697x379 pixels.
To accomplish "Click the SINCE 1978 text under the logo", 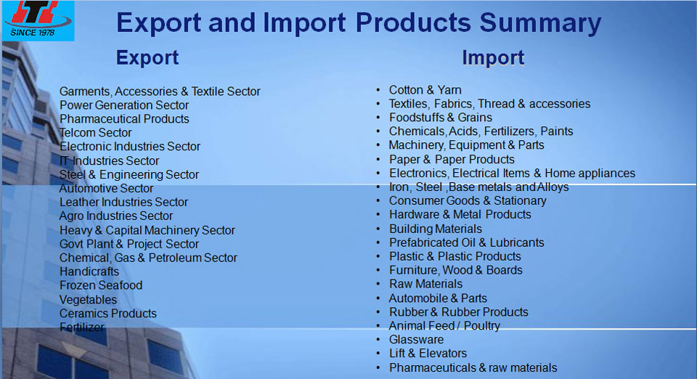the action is point(33,33).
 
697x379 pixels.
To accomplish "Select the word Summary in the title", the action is point(540,23).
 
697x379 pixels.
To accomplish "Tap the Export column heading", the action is point(147,58).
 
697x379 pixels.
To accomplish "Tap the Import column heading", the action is point(493,58).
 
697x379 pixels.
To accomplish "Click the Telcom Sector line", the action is point(96,132).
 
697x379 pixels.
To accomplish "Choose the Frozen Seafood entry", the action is point(101,285).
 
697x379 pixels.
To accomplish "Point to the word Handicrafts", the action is point(89,272).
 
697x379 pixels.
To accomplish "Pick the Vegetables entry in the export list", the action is point(88,300).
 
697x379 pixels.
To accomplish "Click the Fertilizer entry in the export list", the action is point(82,327).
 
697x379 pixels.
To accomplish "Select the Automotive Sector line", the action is point(106,188).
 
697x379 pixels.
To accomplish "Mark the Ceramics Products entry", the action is point(108,313).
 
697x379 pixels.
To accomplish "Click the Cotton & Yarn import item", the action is point(425,90).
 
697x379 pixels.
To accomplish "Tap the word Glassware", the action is point(416,340).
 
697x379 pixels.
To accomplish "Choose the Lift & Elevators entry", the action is point(428,354).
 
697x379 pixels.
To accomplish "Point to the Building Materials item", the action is point(435,229).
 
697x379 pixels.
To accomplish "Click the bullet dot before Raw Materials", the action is point(378,284).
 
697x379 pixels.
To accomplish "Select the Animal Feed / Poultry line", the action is point(444,326).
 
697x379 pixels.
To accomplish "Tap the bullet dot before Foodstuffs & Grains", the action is point(378,118).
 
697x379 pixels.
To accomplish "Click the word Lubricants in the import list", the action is point(516,243).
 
